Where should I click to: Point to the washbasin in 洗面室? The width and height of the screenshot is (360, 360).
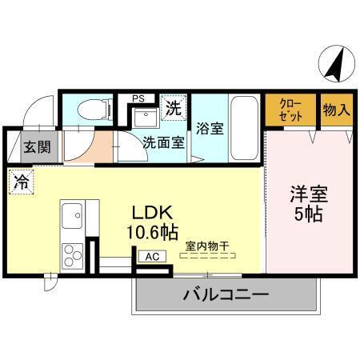145,119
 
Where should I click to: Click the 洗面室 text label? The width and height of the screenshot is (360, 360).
164,144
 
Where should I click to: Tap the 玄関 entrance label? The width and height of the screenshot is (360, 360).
34,147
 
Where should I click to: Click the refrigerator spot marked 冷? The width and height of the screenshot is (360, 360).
21,182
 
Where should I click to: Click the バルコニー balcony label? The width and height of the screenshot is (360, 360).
226,295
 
